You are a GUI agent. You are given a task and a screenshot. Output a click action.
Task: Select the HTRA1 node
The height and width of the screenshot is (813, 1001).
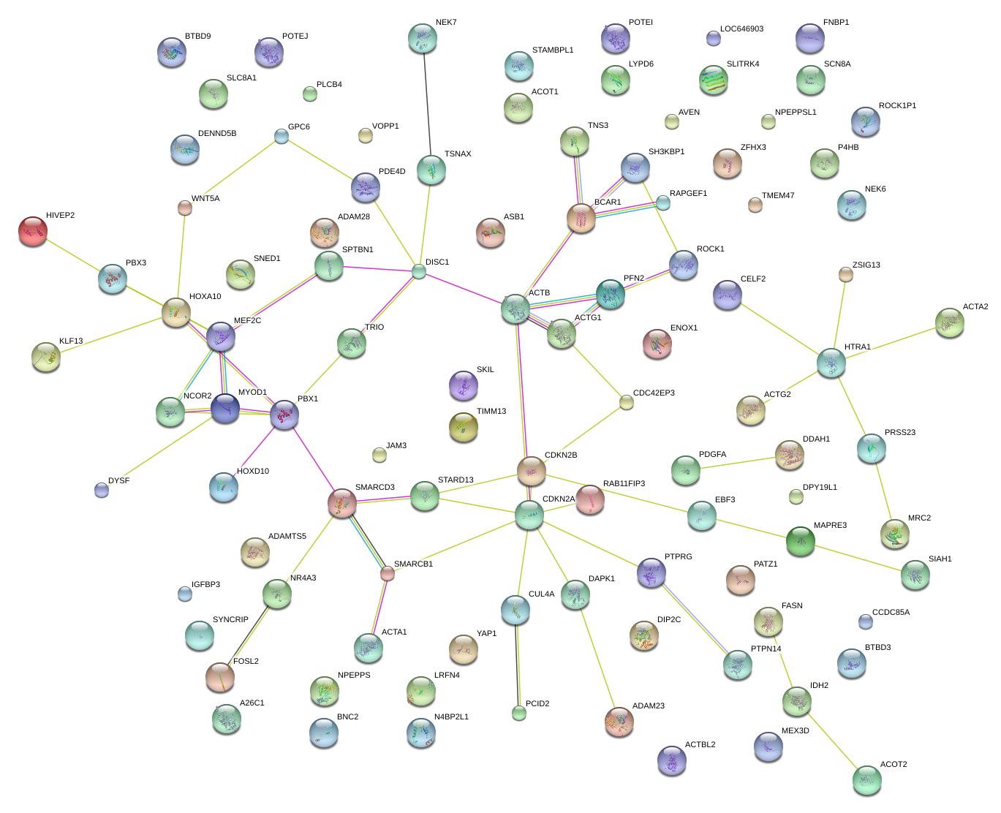click(831, 363)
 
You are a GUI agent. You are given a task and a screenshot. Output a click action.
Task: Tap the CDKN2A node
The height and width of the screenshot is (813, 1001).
click(529, 515)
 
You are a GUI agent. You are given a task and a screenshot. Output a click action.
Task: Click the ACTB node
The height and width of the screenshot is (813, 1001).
click(515, 309)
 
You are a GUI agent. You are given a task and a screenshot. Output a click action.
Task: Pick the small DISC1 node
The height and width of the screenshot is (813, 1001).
click(418, 271)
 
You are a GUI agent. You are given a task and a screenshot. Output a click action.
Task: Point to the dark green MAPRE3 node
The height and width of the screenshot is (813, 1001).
click(801, 541)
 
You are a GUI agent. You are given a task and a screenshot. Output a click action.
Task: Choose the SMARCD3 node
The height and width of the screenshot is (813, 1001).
click(341, 503)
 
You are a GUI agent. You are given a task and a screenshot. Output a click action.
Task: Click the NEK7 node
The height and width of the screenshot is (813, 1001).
click(422, 38)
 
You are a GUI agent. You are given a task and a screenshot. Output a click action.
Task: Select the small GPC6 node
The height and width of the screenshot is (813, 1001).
click(282, 135)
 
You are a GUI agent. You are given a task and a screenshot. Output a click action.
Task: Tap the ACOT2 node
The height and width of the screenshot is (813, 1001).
click(866, 779)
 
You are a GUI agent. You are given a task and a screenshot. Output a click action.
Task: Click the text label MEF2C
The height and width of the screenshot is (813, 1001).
click(247, 320)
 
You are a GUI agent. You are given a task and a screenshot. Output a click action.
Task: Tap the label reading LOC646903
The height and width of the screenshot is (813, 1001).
click(741, 29)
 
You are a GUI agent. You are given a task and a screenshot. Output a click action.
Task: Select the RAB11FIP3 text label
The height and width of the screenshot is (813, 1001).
click(624, 483)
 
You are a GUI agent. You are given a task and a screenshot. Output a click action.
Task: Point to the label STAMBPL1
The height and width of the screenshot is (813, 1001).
click(553, 50)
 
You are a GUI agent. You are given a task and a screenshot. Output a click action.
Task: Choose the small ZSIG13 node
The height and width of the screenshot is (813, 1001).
click(845, 274)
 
